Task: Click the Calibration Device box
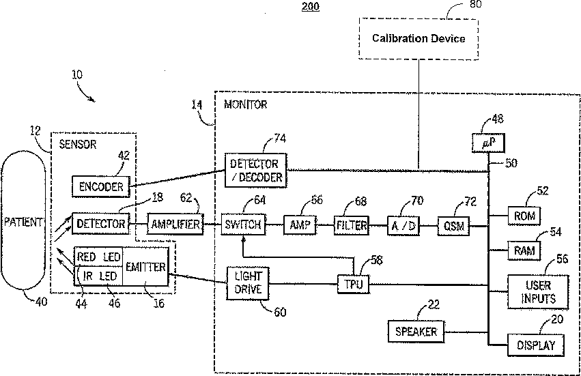click(419, 38)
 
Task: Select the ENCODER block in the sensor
click(101, 186)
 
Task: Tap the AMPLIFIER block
click(175, 224)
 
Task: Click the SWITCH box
click(243, 224)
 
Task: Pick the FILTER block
click(352, 225)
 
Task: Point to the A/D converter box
click(403, 226)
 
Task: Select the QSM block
click(453, 226)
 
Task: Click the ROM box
click(524, 216)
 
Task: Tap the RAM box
click(524, 250)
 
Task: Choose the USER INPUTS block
click(538, 292)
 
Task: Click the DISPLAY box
click(536, 345)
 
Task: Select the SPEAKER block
click(416, 332)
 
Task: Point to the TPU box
click(354, 284)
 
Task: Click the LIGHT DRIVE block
click(248, 283)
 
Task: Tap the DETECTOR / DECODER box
click(255, 171)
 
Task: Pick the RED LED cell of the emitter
click(98, 257)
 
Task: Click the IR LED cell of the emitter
click(98, 276)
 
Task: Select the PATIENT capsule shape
click(23, 221)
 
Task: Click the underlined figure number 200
click(311, 6)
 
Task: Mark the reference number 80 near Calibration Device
click(475, 4)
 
